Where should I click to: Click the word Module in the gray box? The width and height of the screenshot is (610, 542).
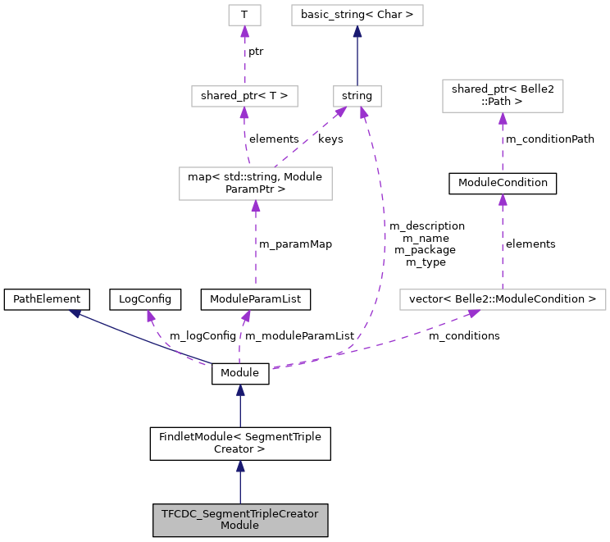(239, 526)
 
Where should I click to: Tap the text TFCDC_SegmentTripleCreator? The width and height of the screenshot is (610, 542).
(239, 514)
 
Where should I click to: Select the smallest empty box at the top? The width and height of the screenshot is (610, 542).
(244, 15)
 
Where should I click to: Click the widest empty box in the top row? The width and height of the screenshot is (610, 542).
(357, 15)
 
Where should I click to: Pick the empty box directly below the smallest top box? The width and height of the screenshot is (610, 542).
(244, 96)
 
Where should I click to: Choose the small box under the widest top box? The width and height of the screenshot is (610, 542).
(357, 96)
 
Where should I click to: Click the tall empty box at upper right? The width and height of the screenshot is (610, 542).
(503, 96)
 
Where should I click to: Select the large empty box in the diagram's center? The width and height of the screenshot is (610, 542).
(255, 184)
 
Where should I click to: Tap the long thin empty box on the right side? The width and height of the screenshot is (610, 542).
(503, 299)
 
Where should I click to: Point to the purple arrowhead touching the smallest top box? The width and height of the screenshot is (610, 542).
(244, 32)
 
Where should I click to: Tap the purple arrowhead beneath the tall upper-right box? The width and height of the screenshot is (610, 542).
(503, 119)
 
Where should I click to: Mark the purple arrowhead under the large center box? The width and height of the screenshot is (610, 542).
(256, 207)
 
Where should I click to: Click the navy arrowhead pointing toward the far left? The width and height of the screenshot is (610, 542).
(75, 313)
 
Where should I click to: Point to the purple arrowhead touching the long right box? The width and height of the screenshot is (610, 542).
(473, 312)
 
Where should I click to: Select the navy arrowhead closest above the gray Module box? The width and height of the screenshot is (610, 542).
(240, 467)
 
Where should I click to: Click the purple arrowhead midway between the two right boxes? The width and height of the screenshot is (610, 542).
(503, 200)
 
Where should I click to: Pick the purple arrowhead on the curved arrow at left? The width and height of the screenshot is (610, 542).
(151, 316)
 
